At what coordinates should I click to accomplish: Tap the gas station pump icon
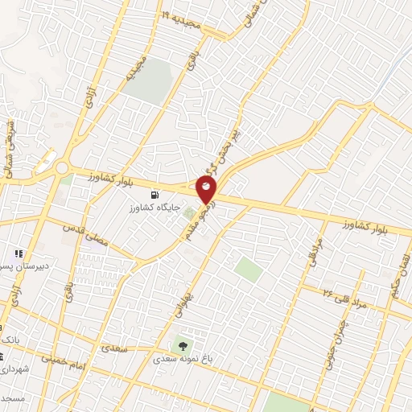(x=154, y=195)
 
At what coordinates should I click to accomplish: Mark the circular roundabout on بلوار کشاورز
(x=63, y=168)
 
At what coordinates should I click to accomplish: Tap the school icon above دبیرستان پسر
(x=19, y=255)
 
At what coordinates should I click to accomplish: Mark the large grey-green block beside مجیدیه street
(x=148, y=81)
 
